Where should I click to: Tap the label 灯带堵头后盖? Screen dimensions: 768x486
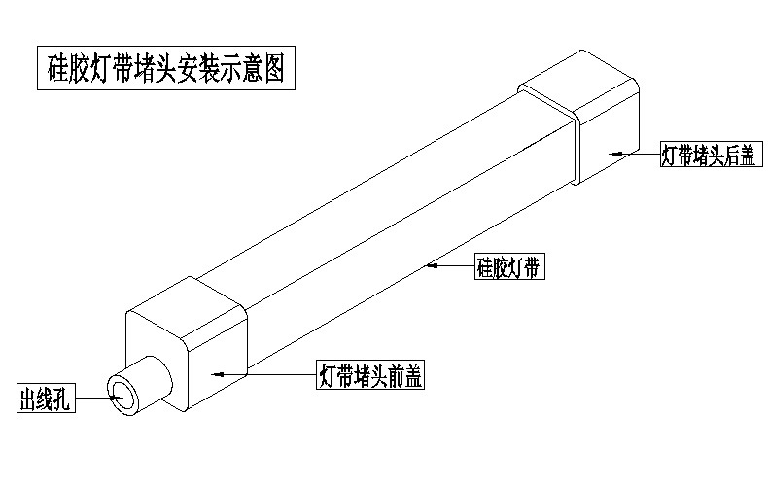pos(707,155)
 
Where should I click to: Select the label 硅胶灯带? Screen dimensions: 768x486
pos(508,266)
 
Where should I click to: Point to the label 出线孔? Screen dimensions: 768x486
pos(46,399)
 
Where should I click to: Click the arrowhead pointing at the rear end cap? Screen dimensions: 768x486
pos(615,154)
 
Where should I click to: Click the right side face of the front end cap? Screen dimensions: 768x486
pos(214,360)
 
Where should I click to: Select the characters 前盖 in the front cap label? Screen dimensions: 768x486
pos(406,375)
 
